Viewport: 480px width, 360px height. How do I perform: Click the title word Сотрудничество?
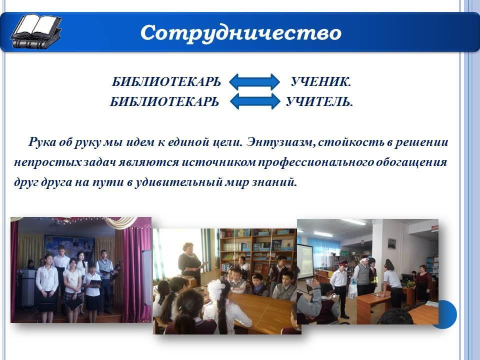click(241, 33)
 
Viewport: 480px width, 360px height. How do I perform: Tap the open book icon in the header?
click(36, 31)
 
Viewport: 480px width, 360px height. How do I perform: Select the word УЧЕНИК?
click(320, 81)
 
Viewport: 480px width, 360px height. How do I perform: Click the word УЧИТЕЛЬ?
click(319, 101)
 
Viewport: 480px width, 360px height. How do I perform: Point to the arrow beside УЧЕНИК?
click(254, 81)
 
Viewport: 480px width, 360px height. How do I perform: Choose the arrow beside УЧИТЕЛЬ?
click(254, 101)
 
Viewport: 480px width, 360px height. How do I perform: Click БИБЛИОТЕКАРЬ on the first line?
click(166, 81)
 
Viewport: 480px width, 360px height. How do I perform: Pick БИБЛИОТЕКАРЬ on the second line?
click(164, 101)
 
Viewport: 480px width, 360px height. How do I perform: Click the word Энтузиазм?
click(281, 142)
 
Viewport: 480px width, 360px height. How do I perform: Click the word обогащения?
click(411, 162)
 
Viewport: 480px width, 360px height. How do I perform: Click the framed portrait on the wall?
click(392, 243)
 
